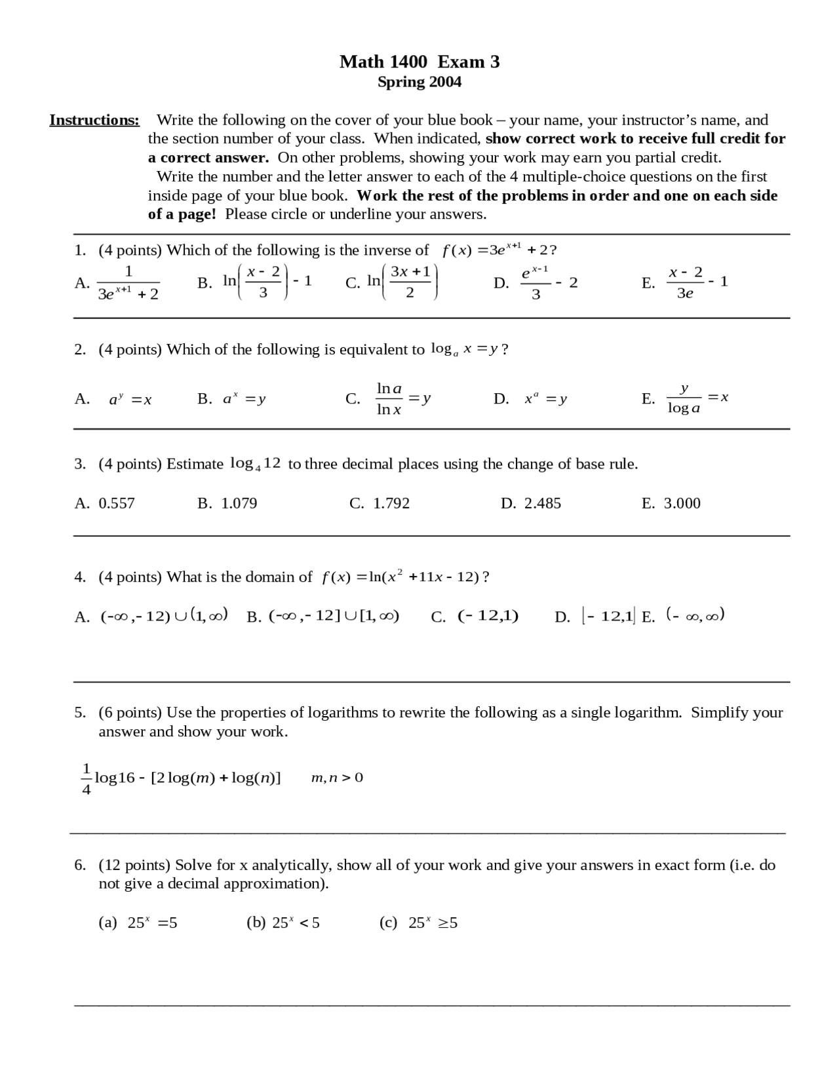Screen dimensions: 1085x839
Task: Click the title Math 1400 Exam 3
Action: point(419,62)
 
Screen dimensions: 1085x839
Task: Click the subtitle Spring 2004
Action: point(419,82)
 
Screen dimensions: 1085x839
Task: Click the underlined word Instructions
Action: point(94,120)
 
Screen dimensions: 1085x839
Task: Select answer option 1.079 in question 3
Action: point(239,503)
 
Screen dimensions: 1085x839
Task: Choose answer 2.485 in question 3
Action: point(542,503)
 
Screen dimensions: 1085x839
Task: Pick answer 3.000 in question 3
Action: point(682,503)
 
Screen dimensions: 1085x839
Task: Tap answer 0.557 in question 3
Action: point(116,503)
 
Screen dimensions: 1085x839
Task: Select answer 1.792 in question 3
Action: point(391,503)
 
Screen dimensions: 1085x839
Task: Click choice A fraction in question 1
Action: point(128,283)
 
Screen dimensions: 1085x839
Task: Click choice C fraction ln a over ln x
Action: point(389,398)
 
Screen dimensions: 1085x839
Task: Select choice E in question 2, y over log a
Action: point(684,398)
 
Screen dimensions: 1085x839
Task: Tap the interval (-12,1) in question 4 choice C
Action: point(488,616)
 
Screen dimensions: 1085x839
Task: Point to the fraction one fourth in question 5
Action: point(86,778)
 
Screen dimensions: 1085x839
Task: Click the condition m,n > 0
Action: point(337,778)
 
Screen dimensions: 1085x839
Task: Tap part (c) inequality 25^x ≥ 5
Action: point(433,923)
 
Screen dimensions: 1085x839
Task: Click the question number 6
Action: point(79,865)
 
